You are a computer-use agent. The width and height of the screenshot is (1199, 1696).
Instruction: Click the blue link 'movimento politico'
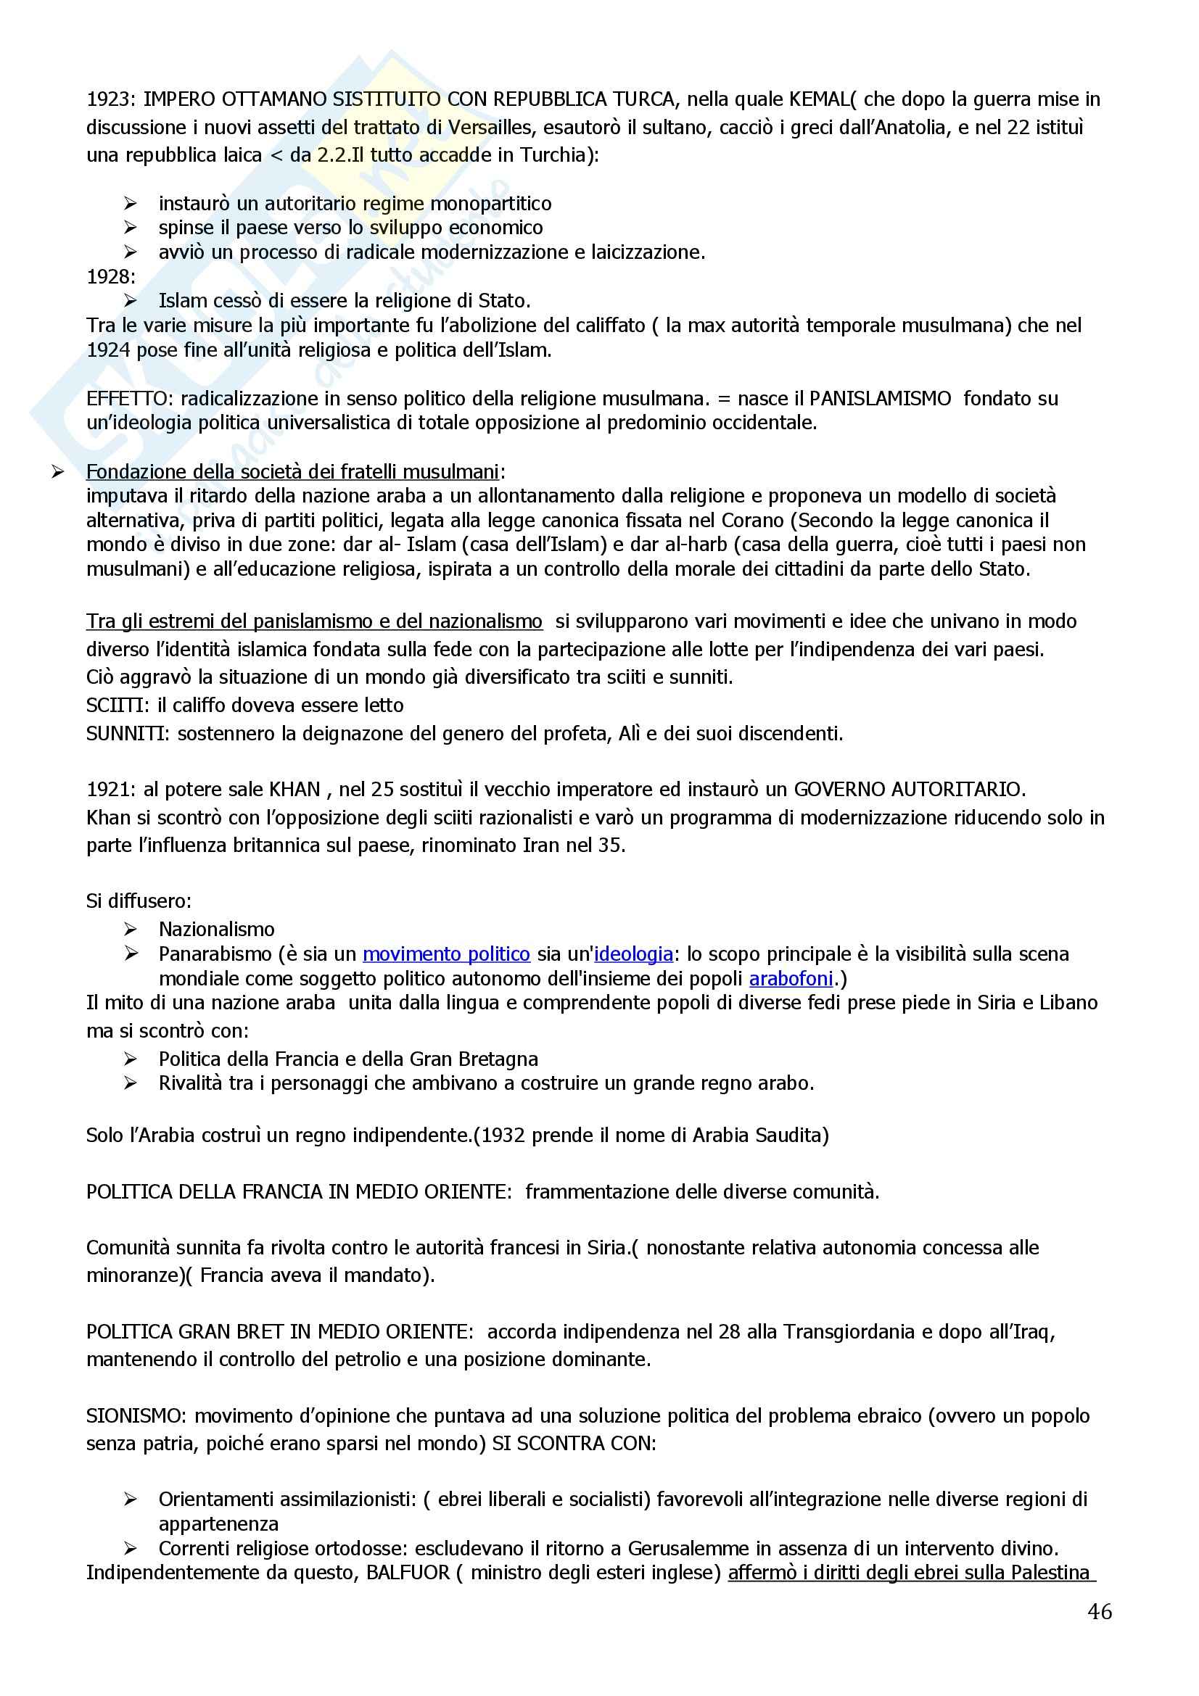(446, 954)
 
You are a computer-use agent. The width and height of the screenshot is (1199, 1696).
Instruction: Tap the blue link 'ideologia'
(633, 954)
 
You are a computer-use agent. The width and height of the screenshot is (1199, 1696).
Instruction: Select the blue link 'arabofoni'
(791, 979)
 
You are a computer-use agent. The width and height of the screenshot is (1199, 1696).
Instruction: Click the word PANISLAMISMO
(880, 399)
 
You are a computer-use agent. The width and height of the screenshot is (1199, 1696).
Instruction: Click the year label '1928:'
(112, 277)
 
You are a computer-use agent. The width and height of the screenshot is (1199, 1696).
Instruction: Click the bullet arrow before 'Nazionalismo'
(131, 930)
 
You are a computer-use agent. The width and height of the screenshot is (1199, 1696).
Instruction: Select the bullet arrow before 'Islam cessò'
(131, 301)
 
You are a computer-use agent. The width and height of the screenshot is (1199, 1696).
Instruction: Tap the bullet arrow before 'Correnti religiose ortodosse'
(131, 1548)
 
